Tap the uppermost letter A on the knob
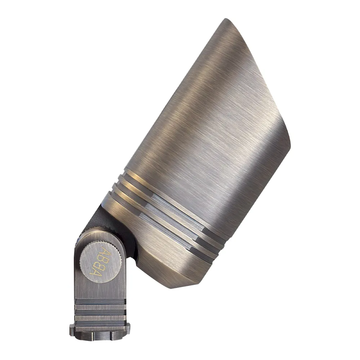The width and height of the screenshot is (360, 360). coord(107,251)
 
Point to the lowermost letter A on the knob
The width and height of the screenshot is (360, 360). coord(94,273)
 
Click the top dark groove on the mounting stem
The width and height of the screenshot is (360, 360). coord(100,303)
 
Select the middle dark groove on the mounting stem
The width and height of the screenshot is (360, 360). coord(100,312)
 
